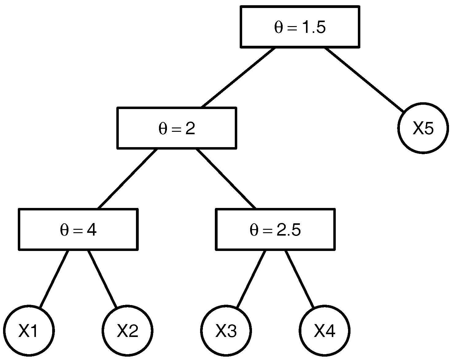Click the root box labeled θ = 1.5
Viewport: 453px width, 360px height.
(300, 27)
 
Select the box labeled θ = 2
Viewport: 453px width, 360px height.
(177, 128)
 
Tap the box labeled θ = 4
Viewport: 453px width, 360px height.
(78, 229)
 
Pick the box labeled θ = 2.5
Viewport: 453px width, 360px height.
(275, 229)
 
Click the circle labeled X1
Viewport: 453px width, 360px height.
(29, 331)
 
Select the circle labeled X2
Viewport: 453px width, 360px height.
(127, 331)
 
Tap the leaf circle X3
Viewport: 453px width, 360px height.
(226, 331)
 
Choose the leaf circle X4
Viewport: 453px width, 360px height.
(324, 331)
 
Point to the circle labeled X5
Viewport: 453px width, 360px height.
(423, 128)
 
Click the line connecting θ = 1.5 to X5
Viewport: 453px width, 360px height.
(364, 79)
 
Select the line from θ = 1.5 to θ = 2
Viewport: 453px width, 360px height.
(238, 77)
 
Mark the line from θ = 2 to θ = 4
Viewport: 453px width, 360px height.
(127, 179)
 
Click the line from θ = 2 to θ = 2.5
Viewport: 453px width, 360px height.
(226, 179)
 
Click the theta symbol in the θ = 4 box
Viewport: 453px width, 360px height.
(64, 230)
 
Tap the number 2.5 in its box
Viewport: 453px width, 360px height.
(288, 230)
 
